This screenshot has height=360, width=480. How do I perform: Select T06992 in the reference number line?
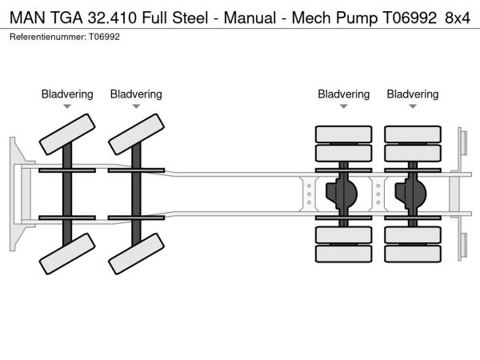click(104, 37)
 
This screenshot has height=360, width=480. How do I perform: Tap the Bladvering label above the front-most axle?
click(67, 94)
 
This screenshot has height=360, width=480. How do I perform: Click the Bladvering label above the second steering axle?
click(136, 94)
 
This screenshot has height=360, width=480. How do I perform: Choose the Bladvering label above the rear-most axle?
click(413, 94)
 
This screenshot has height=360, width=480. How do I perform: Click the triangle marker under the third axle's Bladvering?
click(344, 106)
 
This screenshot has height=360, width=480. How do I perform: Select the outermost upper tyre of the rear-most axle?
click(413, 134)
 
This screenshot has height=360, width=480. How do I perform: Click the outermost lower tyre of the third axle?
click(343, 254)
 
